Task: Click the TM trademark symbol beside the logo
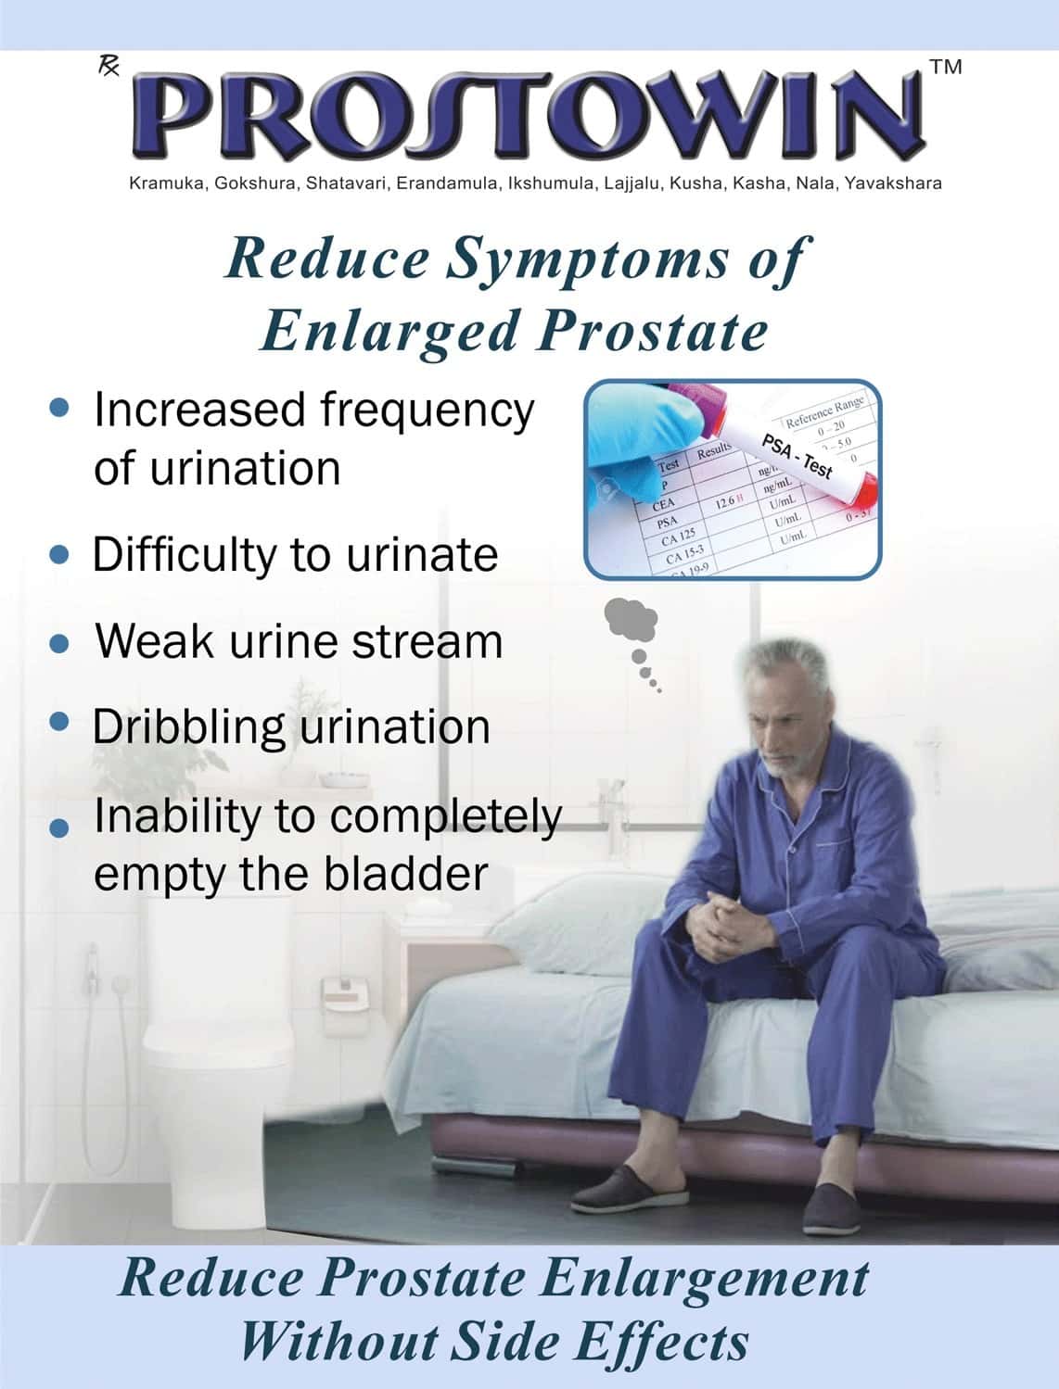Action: click(x=945, y=67)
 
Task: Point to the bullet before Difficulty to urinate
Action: click(x=59, y=554)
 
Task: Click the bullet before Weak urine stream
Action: click(x=59, y=643)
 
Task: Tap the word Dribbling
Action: click(x=188, y=727)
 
